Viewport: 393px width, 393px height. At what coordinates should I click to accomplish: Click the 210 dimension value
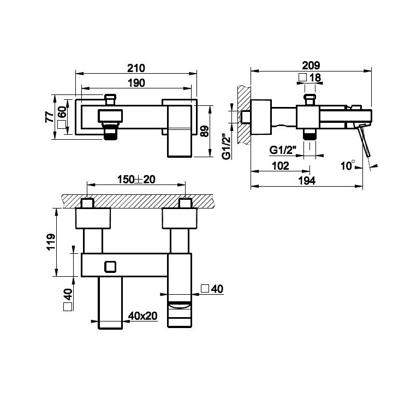click(136, 68)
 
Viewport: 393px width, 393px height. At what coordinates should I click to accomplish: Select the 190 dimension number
click(136, 83)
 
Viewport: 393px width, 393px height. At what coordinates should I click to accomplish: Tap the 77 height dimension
click(49, 117)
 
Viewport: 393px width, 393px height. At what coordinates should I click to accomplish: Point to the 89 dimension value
click(205, 131)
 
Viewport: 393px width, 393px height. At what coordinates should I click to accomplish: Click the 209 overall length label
click(311, 65)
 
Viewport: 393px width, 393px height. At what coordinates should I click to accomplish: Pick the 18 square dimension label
click(310, 78)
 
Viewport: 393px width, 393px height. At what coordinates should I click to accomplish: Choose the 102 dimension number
click(281, 166)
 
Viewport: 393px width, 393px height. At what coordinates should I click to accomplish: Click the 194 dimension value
click(307, 181)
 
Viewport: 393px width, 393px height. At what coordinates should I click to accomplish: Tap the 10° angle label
click(348, 165)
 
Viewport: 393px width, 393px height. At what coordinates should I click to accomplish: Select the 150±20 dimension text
click(136, 180)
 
